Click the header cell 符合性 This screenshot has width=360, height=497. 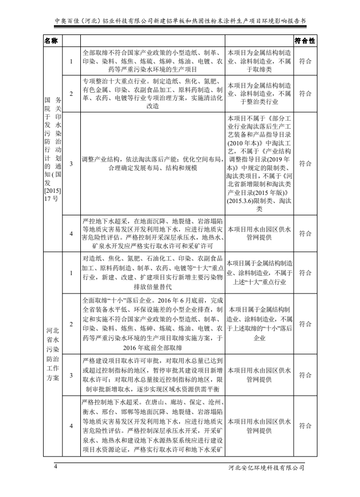click(x=305, y=41)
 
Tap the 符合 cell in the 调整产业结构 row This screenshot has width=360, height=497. click(x=305, y=164)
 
